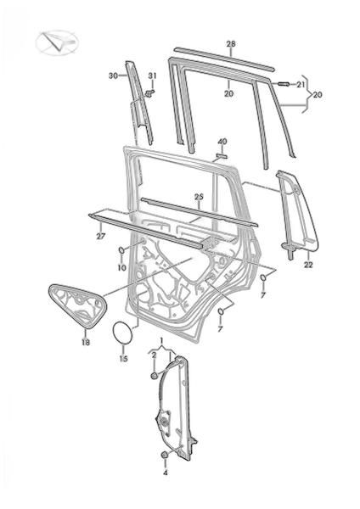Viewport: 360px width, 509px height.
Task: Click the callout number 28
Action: pos(231,44)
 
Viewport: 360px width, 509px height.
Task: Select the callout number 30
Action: pos(113,76)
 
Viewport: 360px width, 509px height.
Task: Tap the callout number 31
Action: pos(152,76)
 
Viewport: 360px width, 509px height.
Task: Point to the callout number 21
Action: pos(301,85)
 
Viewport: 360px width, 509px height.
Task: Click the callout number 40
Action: pos(222,142)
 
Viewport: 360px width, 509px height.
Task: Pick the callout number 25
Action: pos(199,197)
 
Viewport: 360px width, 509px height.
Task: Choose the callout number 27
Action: pos(101,236)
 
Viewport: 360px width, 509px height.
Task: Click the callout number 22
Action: pos(308,265)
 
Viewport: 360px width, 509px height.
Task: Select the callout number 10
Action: pos(121,268)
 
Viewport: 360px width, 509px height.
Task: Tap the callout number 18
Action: pos(86,342)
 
